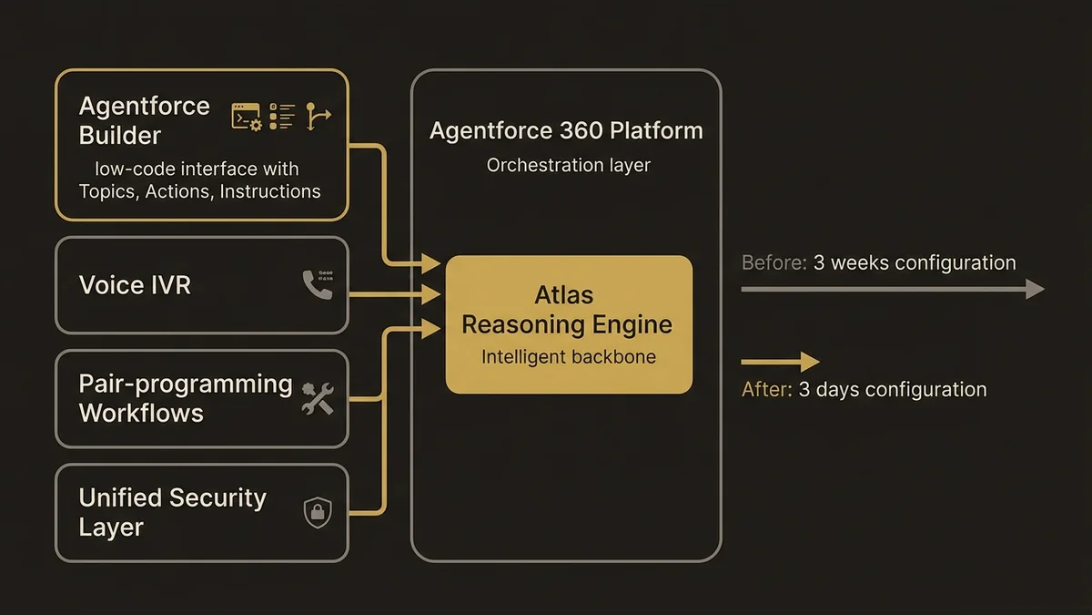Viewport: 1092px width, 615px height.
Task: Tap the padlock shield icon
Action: click(x=317, y=512)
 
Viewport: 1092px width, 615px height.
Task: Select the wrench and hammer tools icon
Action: click(x=317, y=399)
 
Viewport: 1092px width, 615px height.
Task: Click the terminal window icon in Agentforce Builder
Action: click(x=246, y=117)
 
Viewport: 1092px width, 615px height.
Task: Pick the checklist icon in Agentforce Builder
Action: click(x=283, y=116)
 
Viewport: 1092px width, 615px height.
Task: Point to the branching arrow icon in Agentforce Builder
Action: click(x=317, y=116)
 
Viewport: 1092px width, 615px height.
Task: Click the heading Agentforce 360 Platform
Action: click(x=566, y=130)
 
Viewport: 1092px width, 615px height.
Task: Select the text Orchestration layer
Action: click(x=568, y=166)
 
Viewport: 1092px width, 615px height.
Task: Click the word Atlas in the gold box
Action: click(x=564, y=294)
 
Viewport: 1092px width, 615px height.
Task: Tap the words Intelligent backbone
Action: click(x=568, y=356)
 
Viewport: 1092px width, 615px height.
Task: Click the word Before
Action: click(x=773, y=263)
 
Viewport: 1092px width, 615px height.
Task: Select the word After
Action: click(x=766, y=390)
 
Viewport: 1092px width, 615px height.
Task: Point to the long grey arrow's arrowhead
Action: click(x=1035, y=290)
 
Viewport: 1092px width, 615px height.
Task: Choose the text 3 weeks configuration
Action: click(x=914, y=263)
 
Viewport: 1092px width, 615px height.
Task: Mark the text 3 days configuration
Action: click(x=893, y=390)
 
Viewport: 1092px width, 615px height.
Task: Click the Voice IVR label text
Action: click(x=135, y=285)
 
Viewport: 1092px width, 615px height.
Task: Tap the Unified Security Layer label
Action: click(x=172, y=512)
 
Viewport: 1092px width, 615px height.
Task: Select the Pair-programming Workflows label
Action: click(x=185, y=398)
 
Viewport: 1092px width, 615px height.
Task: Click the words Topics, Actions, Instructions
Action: click(x=199, y=191)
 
